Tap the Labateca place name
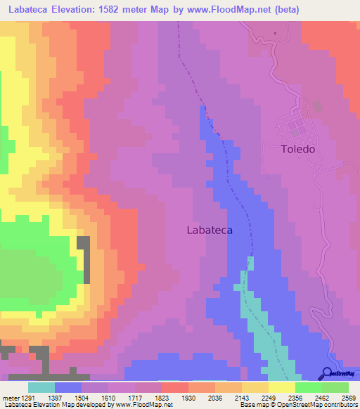210,230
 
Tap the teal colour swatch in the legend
41,387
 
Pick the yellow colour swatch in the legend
281,387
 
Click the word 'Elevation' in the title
75,10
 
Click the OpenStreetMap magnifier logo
326,373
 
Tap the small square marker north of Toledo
276,32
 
